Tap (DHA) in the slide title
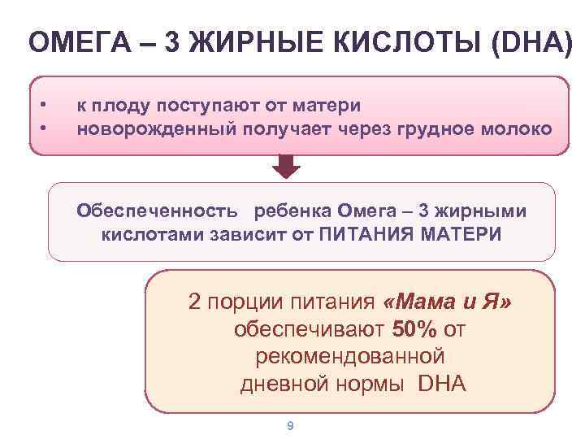tap(533, 42)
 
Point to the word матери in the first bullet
tap(327, 105)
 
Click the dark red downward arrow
tap(285, 166)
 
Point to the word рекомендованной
tap(349, 356)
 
